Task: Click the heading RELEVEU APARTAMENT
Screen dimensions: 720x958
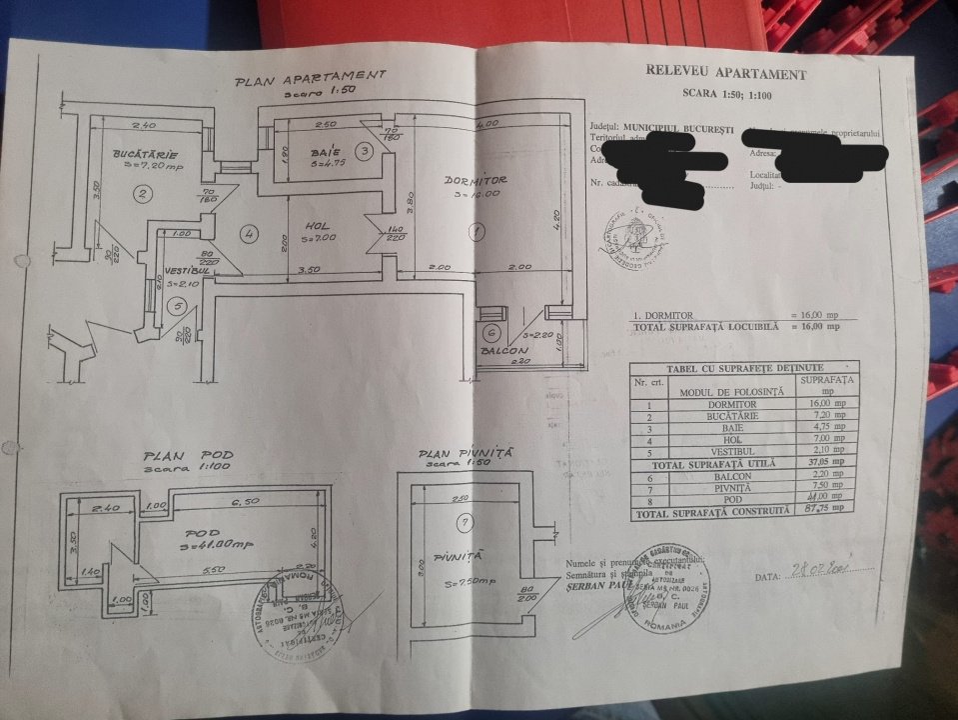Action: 725,73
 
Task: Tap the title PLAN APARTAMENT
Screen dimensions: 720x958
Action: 309,79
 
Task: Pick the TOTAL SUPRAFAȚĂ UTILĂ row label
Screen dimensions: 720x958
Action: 710,463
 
